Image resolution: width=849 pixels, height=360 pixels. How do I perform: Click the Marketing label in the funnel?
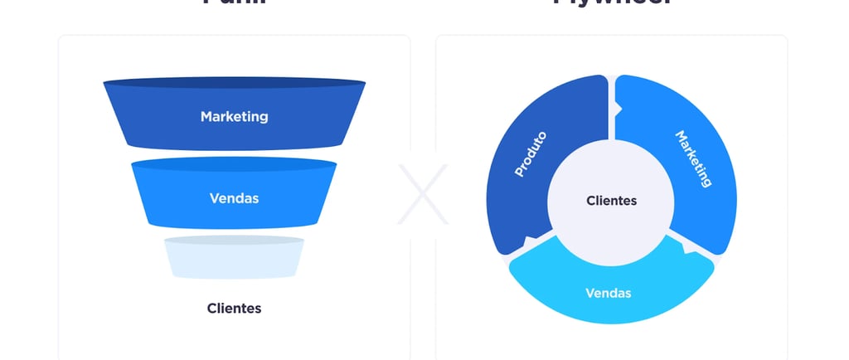pyautogui.click(x=234, y=117)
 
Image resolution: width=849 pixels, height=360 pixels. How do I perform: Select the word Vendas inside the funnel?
pyautogui.click(x=234, y=198)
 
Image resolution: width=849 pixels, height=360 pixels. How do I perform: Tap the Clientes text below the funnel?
pyautogui.click(x=234, y=308)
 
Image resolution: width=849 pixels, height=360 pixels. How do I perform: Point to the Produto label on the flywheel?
pyautogui.click(x=531, y=153)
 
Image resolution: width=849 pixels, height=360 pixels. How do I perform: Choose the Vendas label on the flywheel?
pyautogui.click(x=608, y=293)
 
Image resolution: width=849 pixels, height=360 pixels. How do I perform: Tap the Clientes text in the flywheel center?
pyautogui.click(x=612, y=201)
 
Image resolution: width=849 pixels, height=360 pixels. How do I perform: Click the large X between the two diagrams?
pyautogui.click(x=422, y=194)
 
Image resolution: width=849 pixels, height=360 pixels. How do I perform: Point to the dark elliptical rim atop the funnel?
pyautogui.click(x=234, y=83)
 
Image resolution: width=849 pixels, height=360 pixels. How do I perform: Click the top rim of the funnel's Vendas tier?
pyautogui.click(x=234, y=163)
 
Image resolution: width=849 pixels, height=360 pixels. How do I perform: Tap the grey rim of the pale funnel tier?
pyautogui.click(x=234, y=240)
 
